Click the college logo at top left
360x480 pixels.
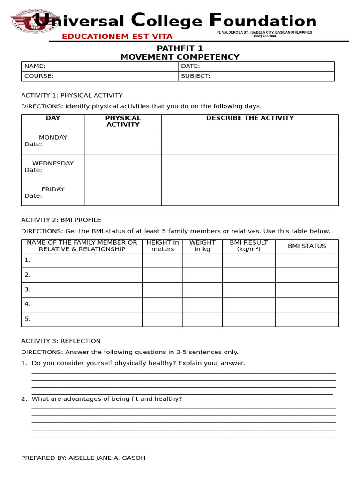coord(34,22)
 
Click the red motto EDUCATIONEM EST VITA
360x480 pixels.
coord(117,37)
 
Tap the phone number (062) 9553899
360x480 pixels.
coord(265,36)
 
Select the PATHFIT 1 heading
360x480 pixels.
coord(180,48)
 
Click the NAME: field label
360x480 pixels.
coord(35,67)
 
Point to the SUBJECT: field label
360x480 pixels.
coord(195,76)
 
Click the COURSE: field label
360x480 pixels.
coord(39,76)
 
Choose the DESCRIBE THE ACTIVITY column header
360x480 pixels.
coord(250,118)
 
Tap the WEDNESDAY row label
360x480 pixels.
coord(52,164)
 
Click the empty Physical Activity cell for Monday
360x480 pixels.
coord(123,141)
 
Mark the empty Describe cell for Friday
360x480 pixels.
coord(250,193)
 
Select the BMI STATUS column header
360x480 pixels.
coord(307,246)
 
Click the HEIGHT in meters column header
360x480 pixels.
coord(163,246)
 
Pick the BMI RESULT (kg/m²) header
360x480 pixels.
coord(248,246)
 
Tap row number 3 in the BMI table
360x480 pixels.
coord(28,289)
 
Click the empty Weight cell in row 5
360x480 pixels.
coord(202,319)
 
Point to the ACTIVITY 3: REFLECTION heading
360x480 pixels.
coord(61,341)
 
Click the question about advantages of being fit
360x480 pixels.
coord(107,399)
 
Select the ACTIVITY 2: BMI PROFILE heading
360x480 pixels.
coord(61,220)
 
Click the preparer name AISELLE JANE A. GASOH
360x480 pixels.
coord(107,458)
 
